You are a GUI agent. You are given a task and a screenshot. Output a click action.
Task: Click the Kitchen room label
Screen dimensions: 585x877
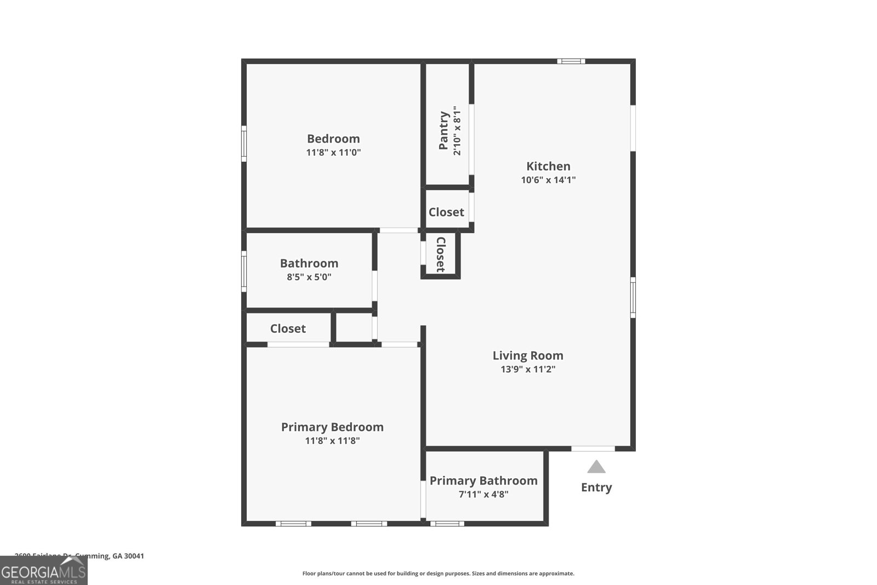pos(548,166)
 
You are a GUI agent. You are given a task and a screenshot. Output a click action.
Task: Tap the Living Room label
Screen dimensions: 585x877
pos(528,355)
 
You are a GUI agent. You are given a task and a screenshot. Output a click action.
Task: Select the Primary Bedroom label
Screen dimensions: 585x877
pos(332,427)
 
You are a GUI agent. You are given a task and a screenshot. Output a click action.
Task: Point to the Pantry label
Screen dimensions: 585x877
pos(444,130)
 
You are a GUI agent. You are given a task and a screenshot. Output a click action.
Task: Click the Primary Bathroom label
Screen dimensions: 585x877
pos(483,481)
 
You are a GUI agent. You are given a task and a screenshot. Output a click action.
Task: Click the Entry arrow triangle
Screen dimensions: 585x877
pos(596,467)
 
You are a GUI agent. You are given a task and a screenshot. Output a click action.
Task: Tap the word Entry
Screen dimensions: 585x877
pos(596,487)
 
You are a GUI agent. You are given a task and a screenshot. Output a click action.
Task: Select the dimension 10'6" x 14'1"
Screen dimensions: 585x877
pos(548,180)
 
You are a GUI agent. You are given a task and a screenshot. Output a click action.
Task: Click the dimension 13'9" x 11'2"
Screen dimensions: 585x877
pos(528,369)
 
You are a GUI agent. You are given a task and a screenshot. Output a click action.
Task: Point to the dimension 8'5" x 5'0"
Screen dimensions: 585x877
pos(309,277)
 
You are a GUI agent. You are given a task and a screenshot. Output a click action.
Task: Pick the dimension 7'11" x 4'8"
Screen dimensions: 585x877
pos(483,494)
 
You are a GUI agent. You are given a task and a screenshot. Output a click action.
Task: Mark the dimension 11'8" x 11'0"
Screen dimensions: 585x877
pos(333,152)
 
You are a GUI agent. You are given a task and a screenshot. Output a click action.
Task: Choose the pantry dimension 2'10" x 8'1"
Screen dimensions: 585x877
pos(457,130)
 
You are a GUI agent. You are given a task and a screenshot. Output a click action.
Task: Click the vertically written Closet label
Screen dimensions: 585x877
pos(440,254)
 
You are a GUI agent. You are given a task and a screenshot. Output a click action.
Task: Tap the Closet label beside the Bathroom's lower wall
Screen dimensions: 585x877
pos(288,328)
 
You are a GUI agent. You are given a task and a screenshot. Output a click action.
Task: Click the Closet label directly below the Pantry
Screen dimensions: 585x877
pos(446,212)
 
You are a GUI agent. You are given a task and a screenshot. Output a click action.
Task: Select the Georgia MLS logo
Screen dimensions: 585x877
pos(44,571)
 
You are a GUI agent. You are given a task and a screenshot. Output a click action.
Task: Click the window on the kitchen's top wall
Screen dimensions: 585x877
pos(571,61)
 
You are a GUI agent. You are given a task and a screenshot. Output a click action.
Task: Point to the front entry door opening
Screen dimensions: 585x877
pos(593,449)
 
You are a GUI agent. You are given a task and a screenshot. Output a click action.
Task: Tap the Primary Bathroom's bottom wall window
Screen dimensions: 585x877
pos(447,524)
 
